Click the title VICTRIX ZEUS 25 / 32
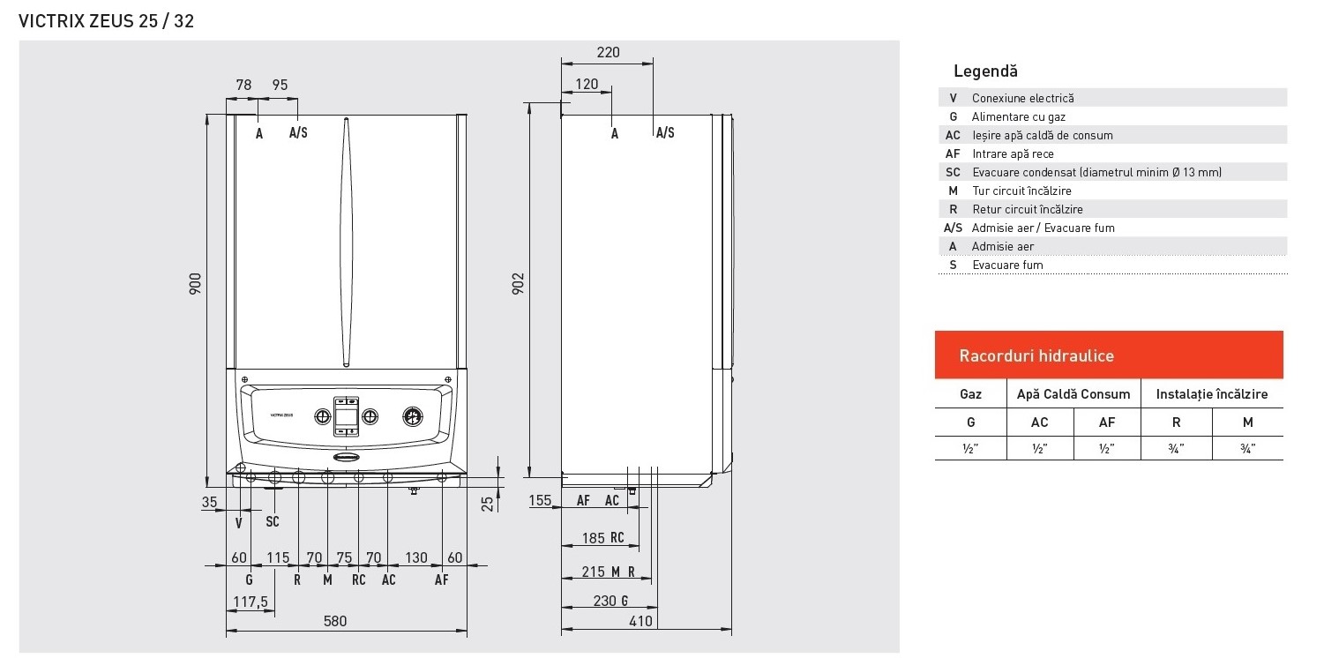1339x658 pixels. pos(106,21)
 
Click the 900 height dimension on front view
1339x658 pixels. pos(195,283)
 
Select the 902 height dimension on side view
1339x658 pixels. pos(519,283)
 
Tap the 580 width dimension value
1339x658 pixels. pos(335,621)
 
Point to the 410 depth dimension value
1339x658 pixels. pos(640,621)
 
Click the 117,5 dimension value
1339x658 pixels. pos(251,602)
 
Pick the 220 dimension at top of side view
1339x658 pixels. pos(608,52)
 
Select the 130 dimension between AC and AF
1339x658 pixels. pos(415,557)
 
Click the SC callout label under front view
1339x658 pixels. pos(273,522)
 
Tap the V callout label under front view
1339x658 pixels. pos(239,522)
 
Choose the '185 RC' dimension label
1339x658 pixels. pos(603,538)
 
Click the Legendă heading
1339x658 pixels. pos(985,71)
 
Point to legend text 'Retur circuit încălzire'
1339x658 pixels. pos(1027,209)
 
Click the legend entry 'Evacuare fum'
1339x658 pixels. pos(1007,265)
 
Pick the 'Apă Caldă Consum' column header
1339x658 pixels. pos(1073,394)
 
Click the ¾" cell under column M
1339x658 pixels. pos(1247,448)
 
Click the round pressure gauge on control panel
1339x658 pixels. pos(412,415)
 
